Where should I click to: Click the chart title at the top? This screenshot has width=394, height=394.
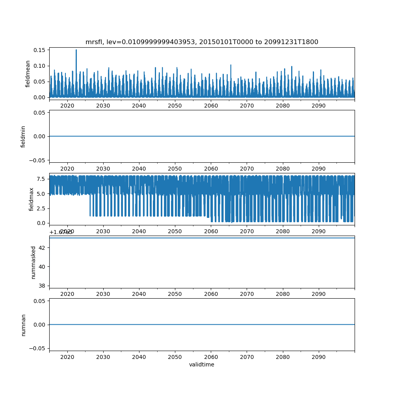pos(202,42)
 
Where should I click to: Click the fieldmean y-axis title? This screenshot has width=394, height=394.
pos(28,74)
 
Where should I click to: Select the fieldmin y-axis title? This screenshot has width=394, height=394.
pos(23,136)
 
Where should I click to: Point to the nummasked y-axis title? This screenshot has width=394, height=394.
pos(33,262)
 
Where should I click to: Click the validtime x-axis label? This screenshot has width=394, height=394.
pos(202,364)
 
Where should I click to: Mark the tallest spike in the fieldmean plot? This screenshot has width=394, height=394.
pos(76,50)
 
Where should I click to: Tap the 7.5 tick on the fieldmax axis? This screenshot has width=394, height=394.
pos(41,178)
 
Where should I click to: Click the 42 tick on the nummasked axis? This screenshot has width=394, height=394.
pos(42,247)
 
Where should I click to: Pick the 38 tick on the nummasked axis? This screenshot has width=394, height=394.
pos(42,285)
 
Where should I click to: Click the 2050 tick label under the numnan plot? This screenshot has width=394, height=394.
pos(175,357)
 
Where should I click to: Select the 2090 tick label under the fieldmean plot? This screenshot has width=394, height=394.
pos(318,106)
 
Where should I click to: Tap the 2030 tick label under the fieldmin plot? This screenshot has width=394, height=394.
pos(103,168)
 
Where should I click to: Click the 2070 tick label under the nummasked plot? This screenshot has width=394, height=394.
pos(247,294)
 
